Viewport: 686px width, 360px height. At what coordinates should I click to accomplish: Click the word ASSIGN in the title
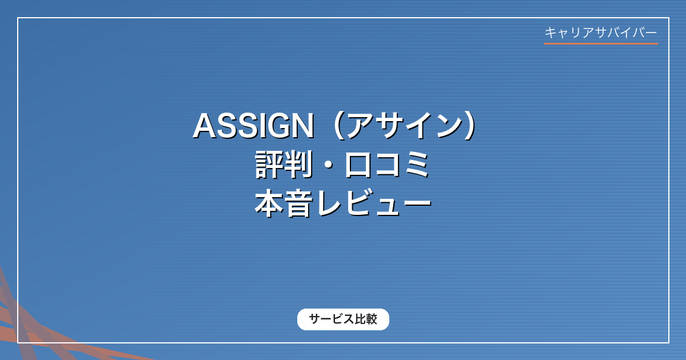[254, 126]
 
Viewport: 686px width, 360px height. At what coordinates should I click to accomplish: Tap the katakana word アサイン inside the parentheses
[405, 125]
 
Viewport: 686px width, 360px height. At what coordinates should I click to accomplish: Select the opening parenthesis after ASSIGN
[336, 126]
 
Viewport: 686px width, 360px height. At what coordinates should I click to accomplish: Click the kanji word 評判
[284, 165]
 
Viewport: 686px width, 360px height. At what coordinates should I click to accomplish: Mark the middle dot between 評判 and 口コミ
[328, 165]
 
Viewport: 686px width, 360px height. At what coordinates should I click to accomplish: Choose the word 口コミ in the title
[388, 165]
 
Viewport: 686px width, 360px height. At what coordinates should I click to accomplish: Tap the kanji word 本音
[284, 203]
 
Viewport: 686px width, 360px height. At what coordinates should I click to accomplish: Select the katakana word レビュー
[374, 203]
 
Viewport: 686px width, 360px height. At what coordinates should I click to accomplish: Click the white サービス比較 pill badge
[343, 319]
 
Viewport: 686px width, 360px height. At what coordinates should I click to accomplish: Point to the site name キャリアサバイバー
[601, 33]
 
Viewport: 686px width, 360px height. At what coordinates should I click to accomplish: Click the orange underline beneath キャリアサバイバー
[601, 44]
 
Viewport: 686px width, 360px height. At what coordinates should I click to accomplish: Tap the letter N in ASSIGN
[304, 126]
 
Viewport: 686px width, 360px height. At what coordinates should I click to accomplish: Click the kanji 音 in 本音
[298, 203]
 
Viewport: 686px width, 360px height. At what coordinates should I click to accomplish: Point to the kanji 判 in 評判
[298, 165]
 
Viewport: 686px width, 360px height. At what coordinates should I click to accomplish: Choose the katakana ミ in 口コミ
[417, 165]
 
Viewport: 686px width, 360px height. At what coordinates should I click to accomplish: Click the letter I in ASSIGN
[261, 126]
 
